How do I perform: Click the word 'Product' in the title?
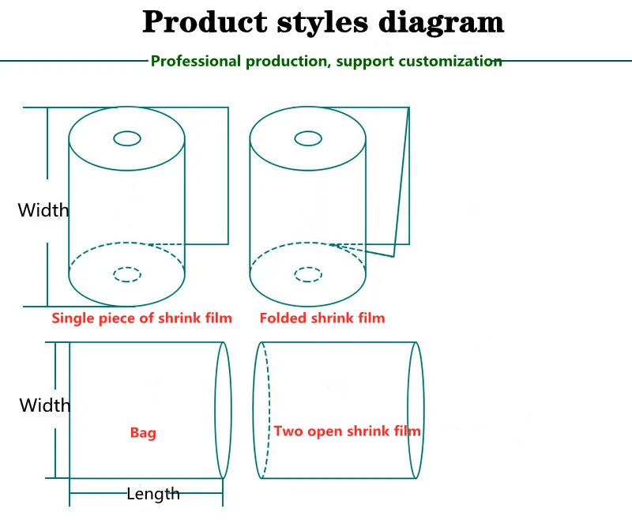pos(205,22)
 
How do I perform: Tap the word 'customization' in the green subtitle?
pos(450,62)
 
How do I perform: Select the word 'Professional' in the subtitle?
pos(196,62)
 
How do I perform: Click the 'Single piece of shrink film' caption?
pos(142,318)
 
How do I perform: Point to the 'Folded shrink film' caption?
pos(322,318)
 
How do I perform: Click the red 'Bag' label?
pos(143,433)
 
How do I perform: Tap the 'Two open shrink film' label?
pos(348,431)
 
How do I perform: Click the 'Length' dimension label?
pos(153,494)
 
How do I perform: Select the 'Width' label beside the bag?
pos(45,405)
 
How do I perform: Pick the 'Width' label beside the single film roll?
pos(43,210)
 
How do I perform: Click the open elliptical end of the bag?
pos(231,410)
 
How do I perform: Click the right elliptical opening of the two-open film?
pos(424,410)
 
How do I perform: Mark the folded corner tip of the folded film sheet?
pos(393,256)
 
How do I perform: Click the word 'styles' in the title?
pos(322,23)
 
